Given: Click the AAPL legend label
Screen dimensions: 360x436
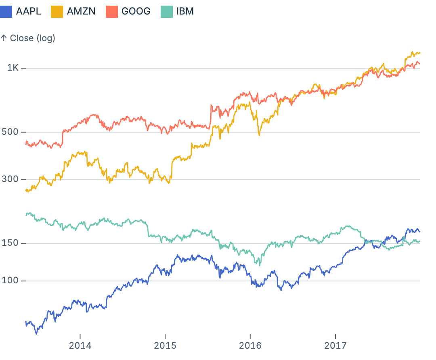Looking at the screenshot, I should click(28, 11).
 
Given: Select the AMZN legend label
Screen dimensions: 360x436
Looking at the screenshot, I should click(81, 11).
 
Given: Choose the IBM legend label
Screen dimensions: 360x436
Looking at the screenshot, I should click(185, 11).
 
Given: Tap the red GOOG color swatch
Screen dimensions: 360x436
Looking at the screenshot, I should click(112, 11).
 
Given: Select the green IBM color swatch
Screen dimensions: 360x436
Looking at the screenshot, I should click(167, 11).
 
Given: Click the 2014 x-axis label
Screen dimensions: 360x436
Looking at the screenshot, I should click(80, 345).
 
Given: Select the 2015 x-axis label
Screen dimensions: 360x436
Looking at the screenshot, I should click(165, 345).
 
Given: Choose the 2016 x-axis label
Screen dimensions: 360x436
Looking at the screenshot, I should click(250, 345).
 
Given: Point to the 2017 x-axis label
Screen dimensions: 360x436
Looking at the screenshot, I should click(335, 345).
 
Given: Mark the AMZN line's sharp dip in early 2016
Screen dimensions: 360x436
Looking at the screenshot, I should click(259, 135).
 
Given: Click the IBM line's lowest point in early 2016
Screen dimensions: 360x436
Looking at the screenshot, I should click(260, 265).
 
